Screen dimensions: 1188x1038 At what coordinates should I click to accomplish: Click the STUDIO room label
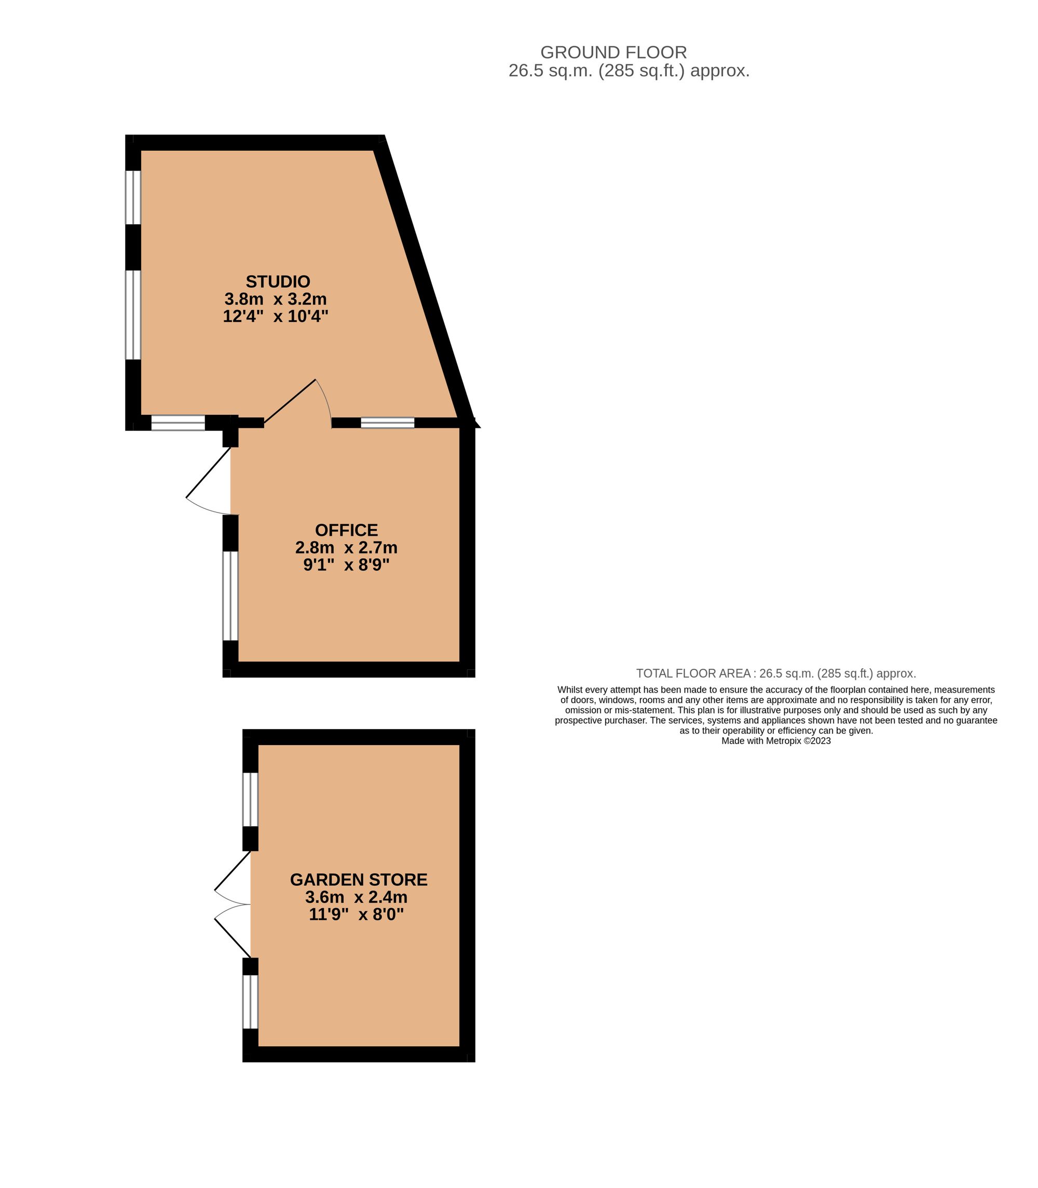[x=278, y=281]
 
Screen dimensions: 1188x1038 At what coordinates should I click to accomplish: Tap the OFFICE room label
[x=346, y=530]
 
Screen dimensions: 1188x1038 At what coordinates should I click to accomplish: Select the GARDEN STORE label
[x=359, y=880]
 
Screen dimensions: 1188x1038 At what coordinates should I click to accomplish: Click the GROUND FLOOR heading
[x=613, y=52]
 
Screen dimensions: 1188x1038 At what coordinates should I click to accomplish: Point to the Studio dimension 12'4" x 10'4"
[x=276, y=316]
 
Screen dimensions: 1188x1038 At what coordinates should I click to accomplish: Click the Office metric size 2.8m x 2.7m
[x=346, y=548]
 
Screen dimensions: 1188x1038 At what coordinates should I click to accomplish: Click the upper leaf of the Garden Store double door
[x=233, y=870]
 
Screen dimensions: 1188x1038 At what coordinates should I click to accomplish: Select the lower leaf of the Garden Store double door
[x=233, y=937]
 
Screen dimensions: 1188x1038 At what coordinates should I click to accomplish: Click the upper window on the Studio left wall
[x=133, y=197]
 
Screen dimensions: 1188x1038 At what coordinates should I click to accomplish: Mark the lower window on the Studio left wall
[x=133, y=315]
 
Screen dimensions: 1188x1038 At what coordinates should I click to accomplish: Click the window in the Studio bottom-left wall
[x=178, y=423]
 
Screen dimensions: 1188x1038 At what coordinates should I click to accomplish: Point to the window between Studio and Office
[x=388, y=423]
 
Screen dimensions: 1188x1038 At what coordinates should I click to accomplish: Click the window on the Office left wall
[x=230, y=596]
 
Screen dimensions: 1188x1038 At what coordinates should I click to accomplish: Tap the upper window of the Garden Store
[x=250, y=799]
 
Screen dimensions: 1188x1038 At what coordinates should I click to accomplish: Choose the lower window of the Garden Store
[x=250, y=1002]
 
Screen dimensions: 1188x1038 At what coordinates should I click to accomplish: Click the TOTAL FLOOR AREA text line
[x=775, y=673]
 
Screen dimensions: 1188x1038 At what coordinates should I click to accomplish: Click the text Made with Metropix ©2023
[x=775, y=740]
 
